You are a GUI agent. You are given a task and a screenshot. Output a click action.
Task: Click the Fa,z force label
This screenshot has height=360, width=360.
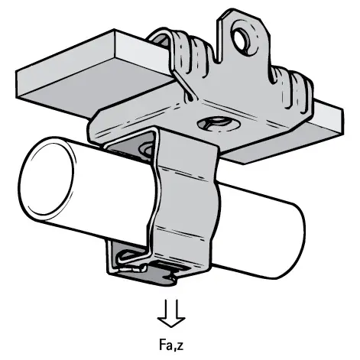[171, 345]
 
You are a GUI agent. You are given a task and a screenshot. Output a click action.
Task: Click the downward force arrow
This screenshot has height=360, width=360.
[171, 313]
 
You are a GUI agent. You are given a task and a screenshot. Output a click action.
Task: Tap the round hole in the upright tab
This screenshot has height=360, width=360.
[241, 39]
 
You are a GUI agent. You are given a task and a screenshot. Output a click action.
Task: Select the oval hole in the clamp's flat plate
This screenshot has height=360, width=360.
[219, 124]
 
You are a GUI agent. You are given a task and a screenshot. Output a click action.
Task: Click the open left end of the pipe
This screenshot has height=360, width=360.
[47, 178]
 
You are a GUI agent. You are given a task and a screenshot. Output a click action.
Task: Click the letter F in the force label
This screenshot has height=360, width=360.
[162, 344]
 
